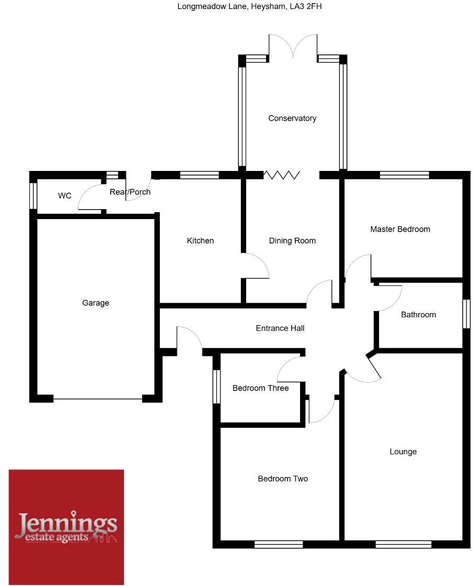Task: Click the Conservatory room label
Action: click(x=292, y=118)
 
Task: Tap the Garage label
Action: click(x=96, y=303)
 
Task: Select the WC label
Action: click(x=65, y=196)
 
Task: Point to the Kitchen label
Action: click(x=200, y=240)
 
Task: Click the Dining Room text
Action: click(x=292, y=240)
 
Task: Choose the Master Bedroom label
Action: click(x=400, y=229)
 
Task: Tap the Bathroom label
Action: click(x=418, y=314)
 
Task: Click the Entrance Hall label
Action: click(x=280, y=328)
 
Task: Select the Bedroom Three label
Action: click(x=260, y=388)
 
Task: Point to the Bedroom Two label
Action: click(x=283, y=478)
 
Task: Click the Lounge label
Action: click(x=403, y=451)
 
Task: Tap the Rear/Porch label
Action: click(x=130, y=192)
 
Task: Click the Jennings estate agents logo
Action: click(x=66, y=526)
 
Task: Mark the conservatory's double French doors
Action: click(x=293, y=47)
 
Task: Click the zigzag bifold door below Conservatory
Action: click(x=282, y=175)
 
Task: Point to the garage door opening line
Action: click(x=98, y=399)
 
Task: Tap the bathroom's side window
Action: click(x=466, y=314)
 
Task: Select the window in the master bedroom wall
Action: click(x=404, y=175)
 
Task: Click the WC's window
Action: click(x=33, y=196)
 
